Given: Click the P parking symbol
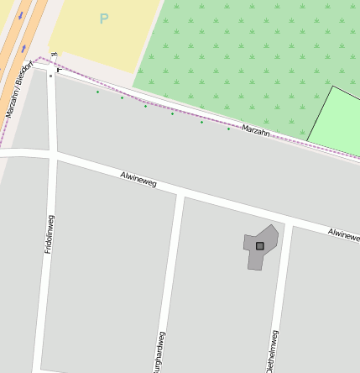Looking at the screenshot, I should [x=103, y=18].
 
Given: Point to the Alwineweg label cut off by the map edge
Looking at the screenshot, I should [x=344, y=233].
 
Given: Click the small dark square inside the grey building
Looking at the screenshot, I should [x=260, y=246].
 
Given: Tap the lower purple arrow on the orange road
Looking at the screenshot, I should [x=23, y=49].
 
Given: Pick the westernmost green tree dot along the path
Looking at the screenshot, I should [x=97, y=92].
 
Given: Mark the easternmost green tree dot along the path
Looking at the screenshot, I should [x=228, y=129].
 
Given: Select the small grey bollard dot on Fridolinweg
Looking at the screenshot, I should [x=50, y=76].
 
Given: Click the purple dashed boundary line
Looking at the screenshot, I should [x=168, y=102].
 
